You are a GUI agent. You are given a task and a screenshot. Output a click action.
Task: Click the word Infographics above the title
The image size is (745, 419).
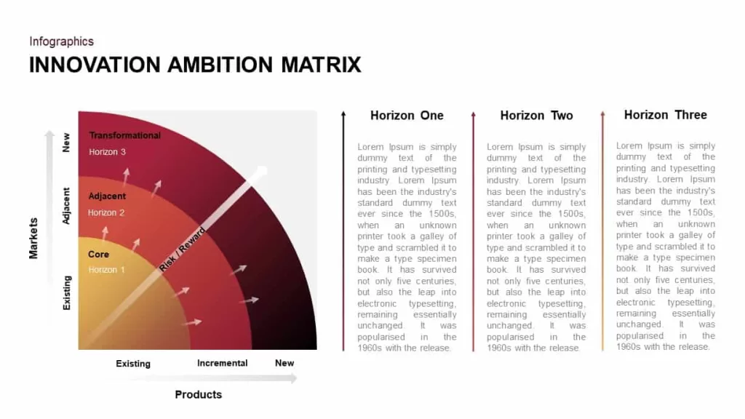tap(61, 41)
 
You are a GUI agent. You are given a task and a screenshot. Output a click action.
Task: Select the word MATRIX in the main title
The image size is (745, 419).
tap(321, 65)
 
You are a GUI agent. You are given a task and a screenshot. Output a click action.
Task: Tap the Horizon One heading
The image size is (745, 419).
tap(407, 116)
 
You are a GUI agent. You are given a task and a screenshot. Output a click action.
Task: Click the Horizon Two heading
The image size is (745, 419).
tap(536, 116)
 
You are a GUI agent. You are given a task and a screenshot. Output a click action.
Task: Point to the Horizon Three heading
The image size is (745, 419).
tap(665, 115)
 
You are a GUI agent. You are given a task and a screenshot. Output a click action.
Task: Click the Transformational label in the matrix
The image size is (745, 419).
tap(124, 135)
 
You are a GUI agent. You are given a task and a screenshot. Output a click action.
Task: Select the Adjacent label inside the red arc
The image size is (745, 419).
tap(107, 196)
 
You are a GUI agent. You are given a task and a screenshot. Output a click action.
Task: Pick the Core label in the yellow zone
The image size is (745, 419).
tap(98, 254)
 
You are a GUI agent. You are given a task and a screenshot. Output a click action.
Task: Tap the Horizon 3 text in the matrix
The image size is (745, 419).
tap(107, 152)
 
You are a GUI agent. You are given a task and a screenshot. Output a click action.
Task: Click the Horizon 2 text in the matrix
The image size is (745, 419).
tap(106, 213)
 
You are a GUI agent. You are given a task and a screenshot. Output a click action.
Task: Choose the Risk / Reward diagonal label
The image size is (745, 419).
tap(182, 250)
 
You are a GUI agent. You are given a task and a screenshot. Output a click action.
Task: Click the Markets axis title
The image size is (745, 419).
tap(33, 238)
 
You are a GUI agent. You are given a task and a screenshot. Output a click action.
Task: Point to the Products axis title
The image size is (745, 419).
tap(198, 395)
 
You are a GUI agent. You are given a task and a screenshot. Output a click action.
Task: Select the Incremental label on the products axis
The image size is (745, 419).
tap(223, 363)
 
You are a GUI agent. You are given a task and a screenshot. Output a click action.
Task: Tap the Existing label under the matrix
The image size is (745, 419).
tap(133, 364)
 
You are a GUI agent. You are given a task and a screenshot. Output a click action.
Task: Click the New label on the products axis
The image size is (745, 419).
tap(284, 363)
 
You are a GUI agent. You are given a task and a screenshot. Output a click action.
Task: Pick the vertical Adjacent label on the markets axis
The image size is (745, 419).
tap(66, 206)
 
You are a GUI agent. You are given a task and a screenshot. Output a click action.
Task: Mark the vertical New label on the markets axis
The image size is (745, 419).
tap(66, 143)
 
